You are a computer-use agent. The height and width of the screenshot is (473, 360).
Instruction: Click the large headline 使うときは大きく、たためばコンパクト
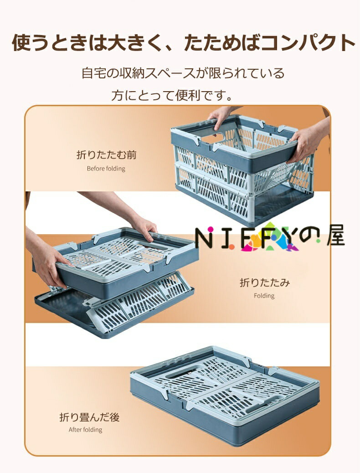[183, 43]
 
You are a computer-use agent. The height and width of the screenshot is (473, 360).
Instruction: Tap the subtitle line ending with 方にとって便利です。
[172, 95]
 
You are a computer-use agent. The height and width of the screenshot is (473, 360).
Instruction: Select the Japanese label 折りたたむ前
[107, 155]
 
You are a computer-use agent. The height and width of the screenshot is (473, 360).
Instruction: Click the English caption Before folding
[106, 168]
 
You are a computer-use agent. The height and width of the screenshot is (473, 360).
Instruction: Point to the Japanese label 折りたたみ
[265, 283]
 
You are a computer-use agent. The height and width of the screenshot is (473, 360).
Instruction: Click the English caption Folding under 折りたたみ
[264, 296]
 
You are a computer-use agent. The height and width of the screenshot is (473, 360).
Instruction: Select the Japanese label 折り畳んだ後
[90, 417]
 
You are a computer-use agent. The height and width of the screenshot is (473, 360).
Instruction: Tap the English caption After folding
[85, 429]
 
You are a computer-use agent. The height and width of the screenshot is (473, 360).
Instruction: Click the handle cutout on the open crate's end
[213, 139]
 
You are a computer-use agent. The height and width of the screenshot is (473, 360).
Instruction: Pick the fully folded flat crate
[225, 395]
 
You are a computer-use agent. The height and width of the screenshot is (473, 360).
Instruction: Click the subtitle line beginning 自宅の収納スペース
[183, 73]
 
